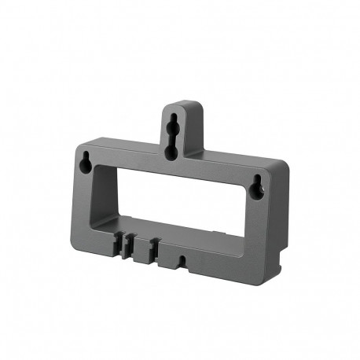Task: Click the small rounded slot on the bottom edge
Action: [182, 256]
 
